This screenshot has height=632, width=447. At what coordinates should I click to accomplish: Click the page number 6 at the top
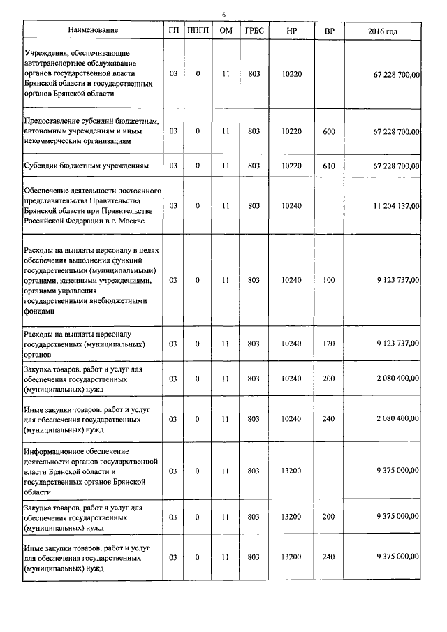(224, 15)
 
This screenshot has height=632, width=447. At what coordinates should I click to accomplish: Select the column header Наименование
(93, 31)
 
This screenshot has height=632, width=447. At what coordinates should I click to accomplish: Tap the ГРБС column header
(254, 31)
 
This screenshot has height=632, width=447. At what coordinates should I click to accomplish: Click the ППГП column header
(198, 31)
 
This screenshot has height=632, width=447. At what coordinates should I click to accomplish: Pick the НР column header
(291, 31)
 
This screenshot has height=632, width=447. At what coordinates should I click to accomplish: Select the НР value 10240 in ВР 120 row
(291, 344)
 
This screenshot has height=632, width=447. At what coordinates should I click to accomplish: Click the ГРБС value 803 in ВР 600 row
(254, 131)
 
